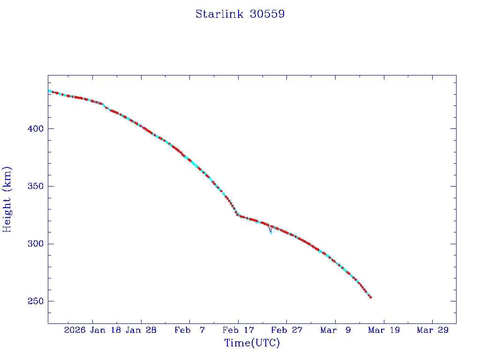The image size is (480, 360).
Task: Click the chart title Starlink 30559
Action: (240, 14)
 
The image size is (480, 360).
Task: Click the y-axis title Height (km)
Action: (7, 199)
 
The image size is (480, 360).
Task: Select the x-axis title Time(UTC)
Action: (252, 343)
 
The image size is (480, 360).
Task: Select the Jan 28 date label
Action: (141, 330)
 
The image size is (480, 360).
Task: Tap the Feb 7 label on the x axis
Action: (189, 330)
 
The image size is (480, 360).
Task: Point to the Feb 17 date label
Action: (238, 330)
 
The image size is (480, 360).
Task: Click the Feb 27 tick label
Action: (286, 330)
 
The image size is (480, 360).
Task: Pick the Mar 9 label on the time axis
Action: (335, 330)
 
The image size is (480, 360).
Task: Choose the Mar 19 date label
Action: (383, 330)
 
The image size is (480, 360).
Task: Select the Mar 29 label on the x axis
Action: (432, 330)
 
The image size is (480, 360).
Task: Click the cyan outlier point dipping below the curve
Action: (270, 232)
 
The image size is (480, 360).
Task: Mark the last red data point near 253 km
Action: (370, 297)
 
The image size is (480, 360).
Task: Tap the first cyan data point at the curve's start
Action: (49, 91)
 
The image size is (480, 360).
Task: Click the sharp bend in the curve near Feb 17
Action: (238, 215)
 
